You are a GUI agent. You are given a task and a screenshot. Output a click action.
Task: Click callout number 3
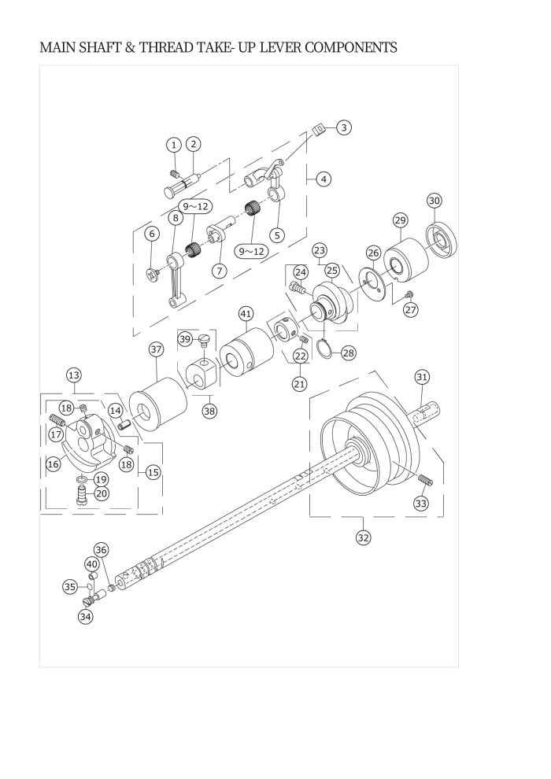click(x=345, y=127)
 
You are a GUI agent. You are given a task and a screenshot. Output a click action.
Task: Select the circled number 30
click(x=435, y=201)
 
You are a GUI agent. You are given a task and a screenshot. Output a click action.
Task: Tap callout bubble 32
click(x=363, y=537)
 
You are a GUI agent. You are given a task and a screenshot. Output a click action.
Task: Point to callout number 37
click(x=156, y=349)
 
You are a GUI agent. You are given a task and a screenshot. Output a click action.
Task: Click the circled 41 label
click(x=246, y=314)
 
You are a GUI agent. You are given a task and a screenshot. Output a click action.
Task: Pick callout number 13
click(x=73, y=376)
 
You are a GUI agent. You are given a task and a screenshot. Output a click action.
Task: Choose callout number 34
click(x=85, y=617)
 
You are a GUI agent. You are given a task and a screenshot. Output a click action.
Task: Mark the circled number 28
click(x=349, y=352)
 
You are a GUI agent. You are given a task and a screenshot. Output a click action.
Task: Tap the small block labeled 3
click(x=319, y=131)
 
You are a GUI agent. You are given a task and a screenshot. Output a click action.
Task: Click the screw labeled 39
click(x=204, y=340)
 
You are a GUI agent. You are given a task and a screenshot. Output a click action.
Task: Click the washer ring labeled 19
click(x=81, y=479)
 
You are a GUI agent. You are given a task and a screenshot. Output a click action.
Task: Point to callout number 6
click(x=153, y=233)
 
